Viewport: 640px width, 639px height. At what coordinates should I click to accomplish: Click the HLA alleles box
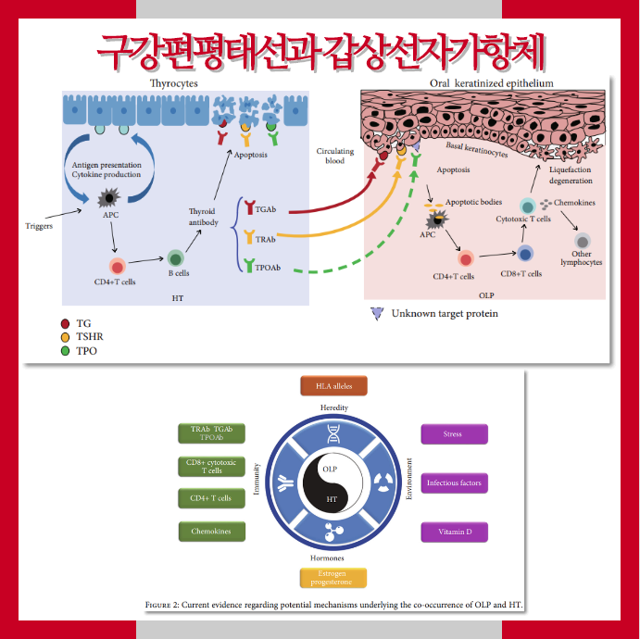pyautogui.click(x=333, y=385)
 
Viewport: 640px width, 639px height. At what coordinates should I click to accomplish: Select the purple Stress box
pyautogui.click(x=454, y=433)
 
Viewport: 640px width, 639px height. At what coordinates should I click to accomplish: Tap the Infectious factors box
pyautogui.click(x=454, y=483)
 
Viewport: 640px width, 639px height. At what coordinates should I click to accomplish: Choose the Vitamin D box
pyautogui.click(x=454, y=532)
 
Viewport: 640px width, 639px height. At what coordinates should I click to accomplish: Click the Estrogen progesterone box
pyautogui.click(x=333, y=578)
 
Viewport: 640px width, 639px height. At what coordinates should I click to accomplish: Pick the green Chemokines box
pyautogui.click(x=211, y=532)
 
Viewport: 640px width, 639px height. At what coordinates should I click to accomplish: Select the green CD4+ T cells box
pyautogui.click(x=211, y=499)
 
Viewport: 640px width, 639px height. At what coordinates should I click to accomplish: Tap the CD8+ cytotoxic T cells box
pyautogui.click(x=211, y=466)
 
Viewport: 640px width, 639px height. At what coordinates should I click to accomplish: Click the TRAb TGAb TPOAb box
pyautogui.click(x=211, y=433)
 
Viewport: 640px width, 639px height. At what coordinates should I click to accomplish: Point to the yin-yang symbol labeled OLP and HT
pyautogui.click(x=331, y=483)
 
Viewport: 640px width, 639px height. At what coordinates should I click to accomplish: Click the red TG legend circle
pyautogui.click(x=65, y=323)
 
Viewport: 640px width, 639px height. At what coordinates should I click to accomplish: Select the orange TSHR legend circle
pyautogui.click(x=65, y=337)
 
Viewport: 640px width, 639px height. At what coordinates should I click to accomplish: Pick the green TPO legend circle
pyautogui.click(x=65, y=351)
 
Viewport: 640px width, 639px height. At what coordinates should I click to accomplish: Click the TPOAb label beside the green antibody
pyautogui.click(x=268, y=269)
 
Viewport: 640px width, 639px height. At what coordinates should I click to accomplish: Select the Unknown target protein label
pyautogui.click(x=444, y=314)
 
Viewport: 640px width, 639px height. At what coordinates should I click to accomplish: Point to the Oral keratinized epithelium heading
pyautogui.click(x=491, y=83)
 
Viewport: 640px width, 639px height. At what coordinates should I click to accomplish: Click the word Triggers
pyautogui.click(x=38, y=225)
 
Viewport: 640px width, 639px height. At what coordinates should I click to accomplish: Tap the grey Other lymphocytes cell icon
pyautogui.click(x=583, y=241)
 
